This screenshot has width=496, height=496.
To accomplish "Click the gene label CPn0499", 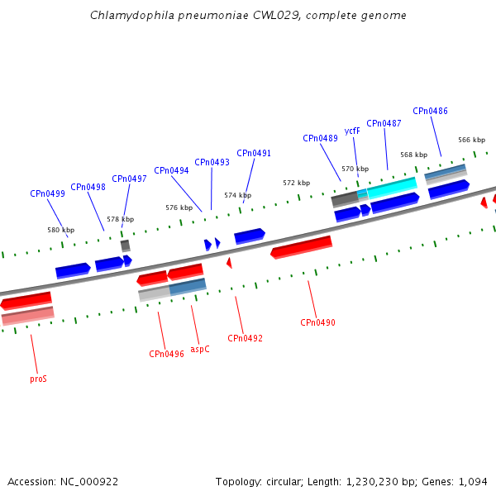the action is point(47,193).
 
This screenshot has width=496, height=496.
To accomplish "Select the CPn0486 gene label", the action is point(430,111).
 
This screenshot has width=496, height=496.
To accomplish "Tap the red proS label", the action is point(38,379).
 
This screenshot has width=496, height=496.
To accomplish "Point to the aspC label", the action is point(200,349).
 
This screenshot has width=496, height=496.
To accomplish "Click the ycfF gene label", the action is point(352,131).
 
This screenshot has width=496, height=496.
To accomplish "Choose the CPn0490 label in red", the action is point(317,322).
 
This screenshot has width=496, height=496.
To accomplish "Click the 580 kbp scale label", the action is point(61,230).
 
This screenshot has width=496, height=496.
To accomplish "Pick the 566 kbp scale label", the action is point(472,140).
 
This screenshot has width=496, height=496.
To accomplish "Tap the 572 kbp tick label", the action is point(297,183).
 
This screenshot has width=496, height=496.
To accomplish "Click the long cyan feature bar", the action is point(392,188).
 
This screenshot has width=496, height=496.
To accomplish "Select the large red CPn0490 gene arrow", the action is point(302,247).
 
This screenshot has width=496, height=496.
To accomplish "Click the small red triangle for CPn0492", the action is point(229,263).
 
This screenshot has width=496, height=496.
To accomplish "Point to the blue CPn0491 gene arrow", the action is point(250,236).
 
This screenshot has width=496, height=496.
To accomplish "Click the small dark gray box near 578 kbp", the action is point(126,246).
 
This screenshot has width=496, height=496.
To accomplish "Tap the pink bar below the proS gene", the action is point(28,316).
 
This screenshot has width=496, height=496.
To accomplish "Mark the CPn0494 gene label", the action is point(171,170).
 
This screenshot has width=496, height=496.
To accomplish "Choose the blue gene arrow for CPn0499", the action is point(73,271).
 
